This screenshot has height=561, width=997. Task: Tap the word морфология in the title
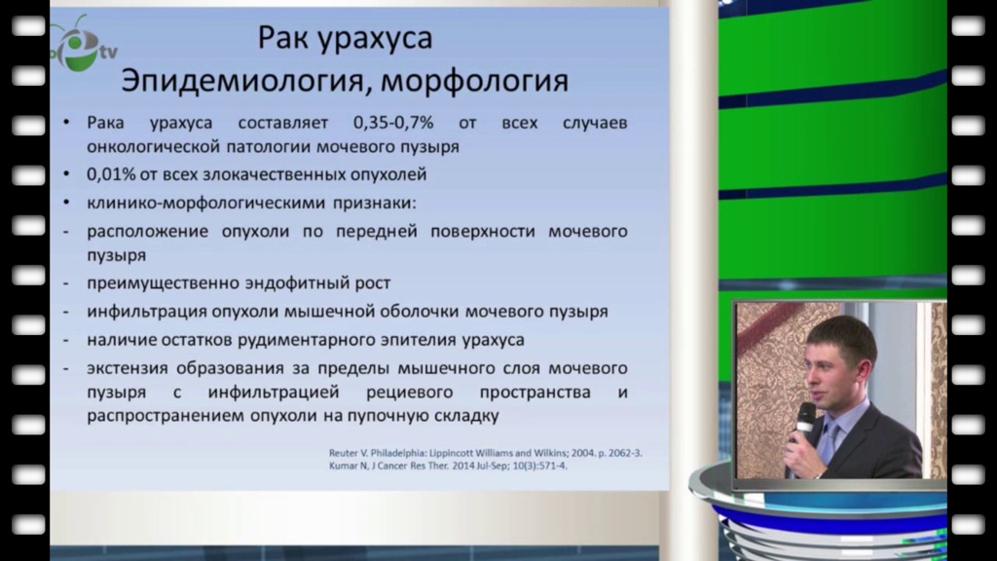(474, 82)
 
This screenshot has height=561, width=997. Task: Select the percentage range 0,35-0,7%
(393, 123)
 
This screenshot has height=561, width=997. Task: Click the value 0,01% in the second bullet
(111, 174)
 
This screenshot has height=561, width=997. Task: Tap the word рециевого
(410, 393)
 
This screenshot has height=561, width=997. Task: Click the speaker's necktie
(830, 443)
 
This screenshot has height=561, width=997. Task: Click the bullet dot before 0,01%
(67, 173)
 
